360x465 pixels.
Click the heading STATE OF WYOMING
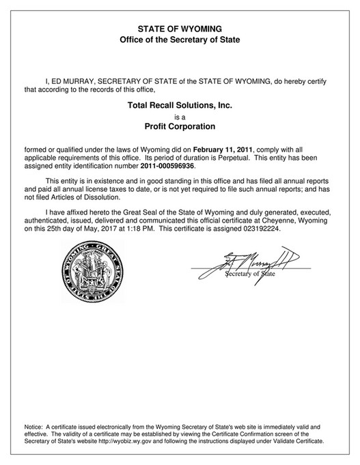coord(180,29)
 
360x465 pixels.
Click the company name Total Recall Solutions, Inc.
coord(180,104)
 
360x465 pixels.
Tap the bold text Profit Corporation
coord(180,126)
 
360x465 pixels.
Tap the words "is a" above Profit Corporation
coord(180,116)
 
